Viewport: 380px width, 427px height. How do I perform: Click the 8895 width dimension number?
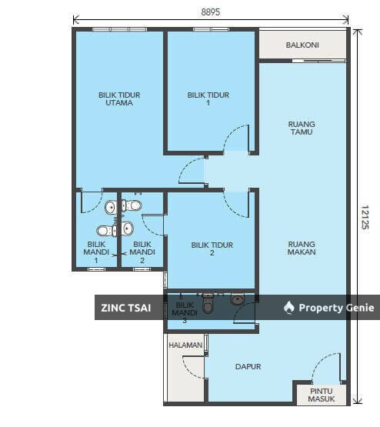[211, 12]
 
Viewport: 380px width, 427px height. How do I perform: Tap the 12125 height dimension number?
[365, 217]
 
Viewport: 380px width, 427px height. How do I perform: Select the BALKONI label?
[302, 45]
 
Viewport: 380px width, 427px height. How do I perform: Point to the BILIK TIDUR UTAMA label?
[119, 98]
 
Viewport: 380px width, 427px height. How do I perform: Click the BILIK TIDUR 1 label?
[208, 98]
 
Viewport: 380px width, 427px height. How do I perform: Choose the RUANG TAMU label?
[302, 128]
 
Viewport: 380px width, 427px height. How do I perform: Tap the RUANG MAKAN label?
[302, 248]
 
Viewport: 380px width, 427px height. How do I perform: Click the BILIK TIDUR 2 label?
[212, 249]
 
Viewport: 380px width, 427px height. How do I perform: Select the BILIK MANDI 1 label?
[96, 252]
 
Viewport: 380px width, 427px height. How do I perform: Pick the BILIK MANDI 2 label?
[142, 252]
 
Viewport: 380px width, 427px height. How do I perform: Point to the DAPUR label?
[248, 366]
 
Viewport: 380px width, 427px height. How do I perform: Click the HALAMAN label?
[185, 345]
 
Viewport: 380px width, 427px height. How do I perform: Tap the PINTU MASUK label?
[322, 395]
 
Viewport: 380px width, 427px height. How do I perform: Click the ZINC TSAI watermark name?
[125, 308]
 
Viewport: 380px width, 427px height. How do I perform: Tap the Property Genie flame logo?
[288, 308]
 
